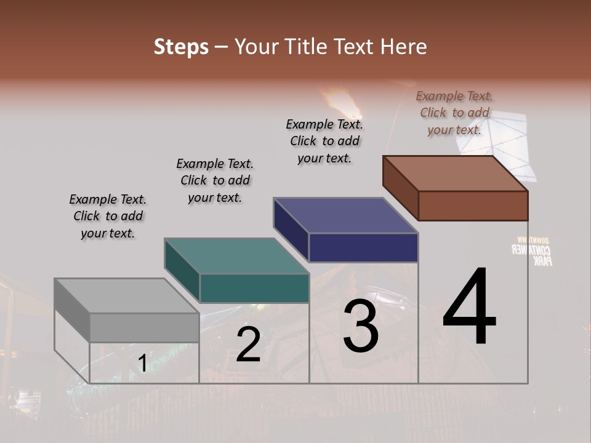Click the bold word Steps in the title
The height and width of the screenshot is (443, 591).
point(181,47)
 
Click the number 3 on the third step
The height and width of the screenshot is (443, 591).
point(361,326)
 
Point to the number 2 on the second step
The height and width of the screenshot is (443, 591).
point(249,345)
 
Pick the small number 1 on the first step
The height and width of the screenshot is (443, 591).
point(142,364)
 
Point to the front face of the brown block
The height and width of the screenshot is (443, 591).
point(473,206)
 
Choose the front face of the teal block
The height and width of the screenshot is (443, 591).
point(254,288)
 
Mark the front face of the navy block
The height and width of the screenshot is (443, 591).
point(363,247)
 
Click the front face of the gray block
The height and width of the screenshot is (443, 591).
point(144,327)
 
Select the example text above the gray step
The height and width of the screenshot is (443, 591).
point(108,216)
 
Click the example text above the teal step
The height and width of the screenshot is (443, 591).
point(215,180)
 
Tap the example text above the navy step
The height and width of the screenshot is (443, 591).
point(324,141)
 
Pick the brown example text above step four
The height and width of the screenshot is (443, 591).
point(454,113)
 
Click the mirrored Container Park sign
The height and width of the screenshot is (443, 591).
point(532,250)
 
